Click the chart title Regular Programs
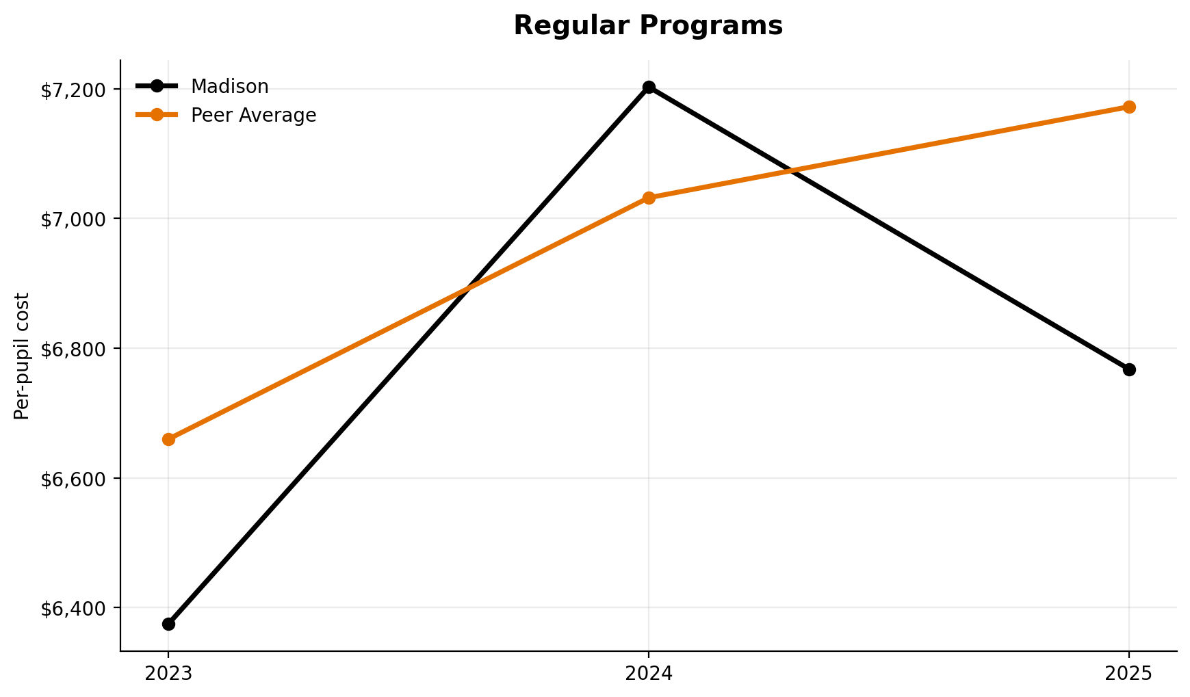pyautogui.click(x=647, y=26)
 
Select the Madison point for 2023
pyautogui.click(x=168, y=624)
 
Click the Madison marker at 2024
pyautogui.click(x=649, y=87)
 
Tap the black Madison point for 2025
pyautogui.click(x=1129, y=369)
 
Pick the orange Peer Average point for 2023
pyautogui.click(x=168, y=439)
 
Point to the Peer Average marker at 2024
pyautogui.click(x=649, y=198)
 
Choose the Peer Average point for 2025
pyautogui.click(x=1129, y=107)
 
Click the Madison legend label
pyautogui.click(x=229, y=86)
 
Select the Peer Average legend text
pyautogui.click(x=253, y=115)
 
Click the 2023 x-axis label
pyautogui.click(x=168, y=674)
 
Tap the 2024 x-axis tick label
pyautogui.click(x=649, y=674)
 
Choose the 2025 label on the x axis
pyautogui.click(x=1129, y=674)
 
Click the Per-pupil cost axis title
pyautogui.click(x=22, y=356)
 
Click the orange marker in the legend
pyautogui.click(x=157, y=115)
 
